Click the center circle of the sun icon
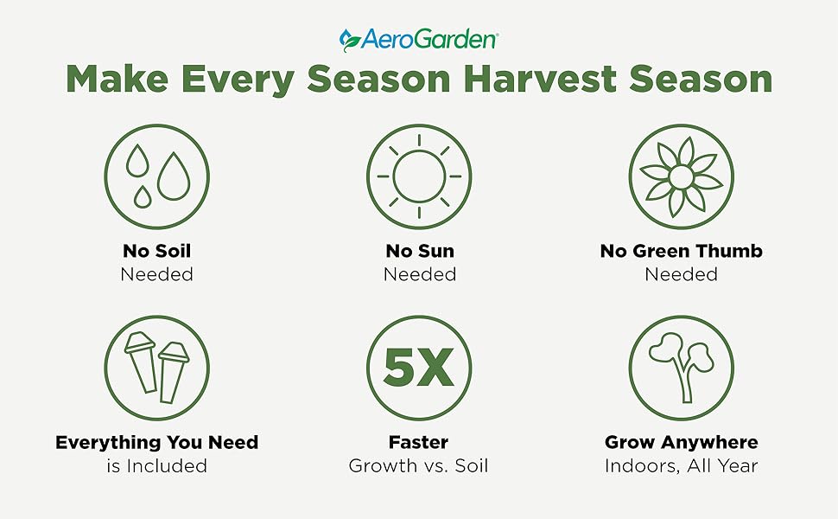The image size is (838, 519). pyautogui.click(x=418, y=176)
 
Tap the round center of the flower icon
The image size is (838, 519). pyautogui.click(x=681, y=176)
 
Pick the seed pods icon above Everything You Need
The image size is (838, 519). pyautogui.click(x=156, y=368)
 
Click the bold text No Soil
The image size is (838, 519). pyautogui.click(x=156, y=252)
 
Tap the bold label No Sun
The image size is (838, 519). pyautogui.click(x=419, y=252)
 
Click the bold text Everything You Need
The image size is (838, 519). pyautogui.click(x=156, y=443)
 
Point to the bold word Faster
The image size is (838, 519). pyautogui.click(x=418, y=443)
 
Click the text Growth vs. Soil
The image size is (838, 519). pyautogui.click(x=418, y=466)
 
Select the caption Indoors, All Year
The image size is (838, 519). pyautogui.click(x=681, y=466)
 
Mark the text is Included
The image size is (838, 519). pyautogui.click(x=156, y=466)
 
